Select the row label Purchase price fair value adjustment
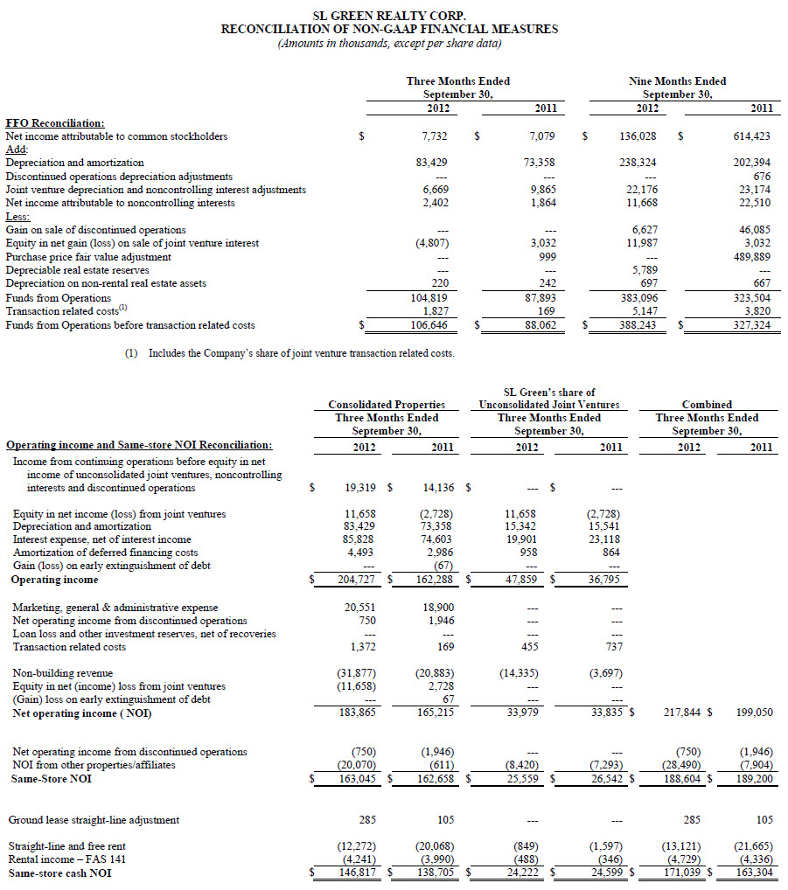88,257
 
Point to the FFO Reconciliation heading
55,123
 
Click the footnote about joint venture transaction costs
301,353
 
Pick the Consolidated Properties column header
387,405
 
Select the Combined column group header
707,405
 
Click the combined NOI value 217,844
680,713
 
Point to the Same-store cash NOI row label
59,873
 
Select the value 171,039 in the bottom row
680,873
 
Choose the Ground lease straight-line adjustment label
94,820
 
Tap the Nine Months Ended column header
677,81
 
